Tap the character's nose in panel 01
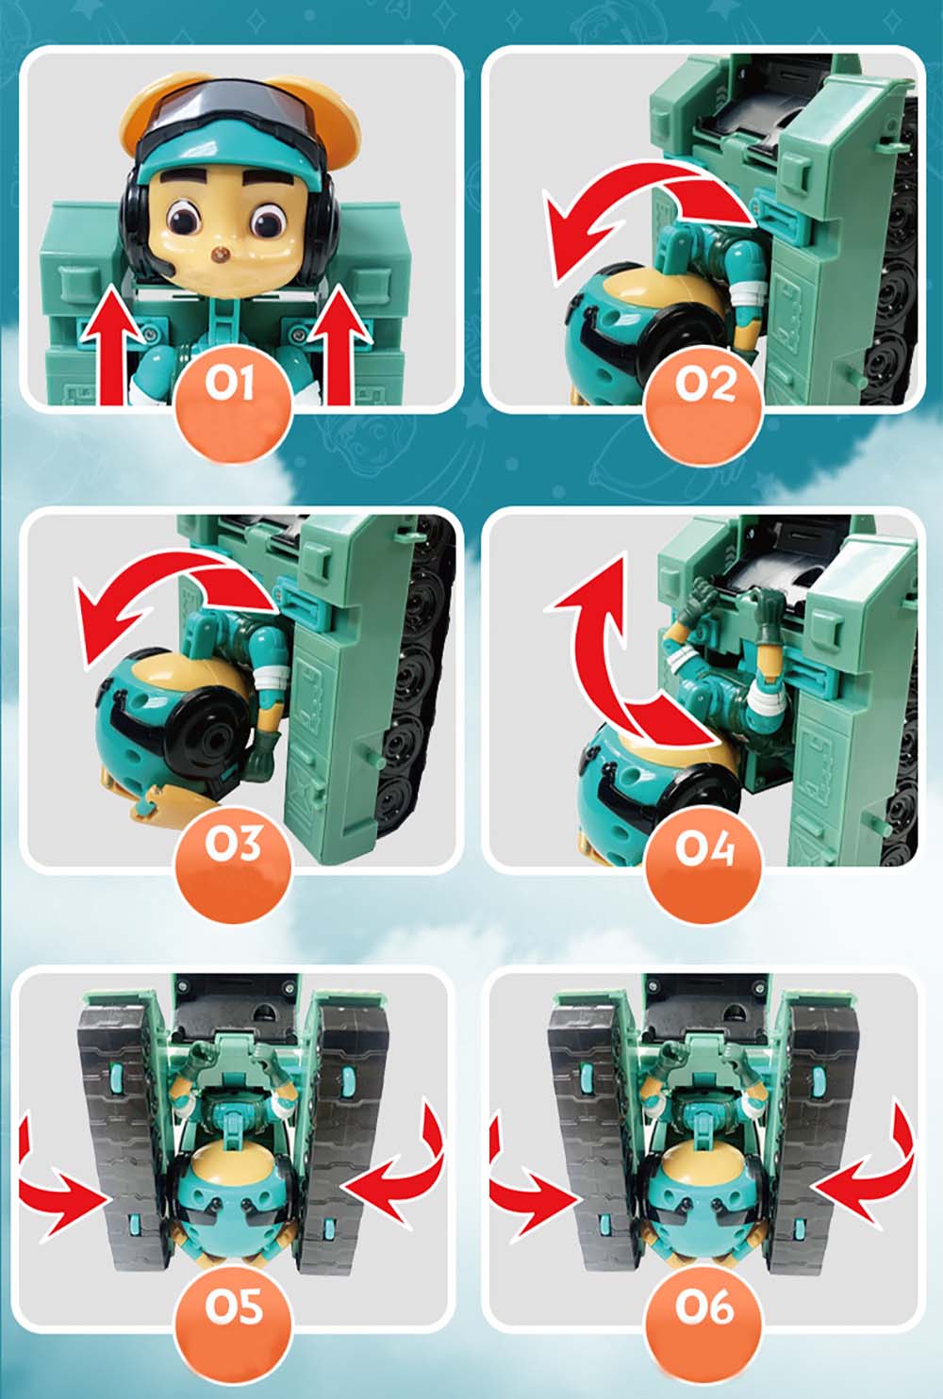point(220,255)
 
